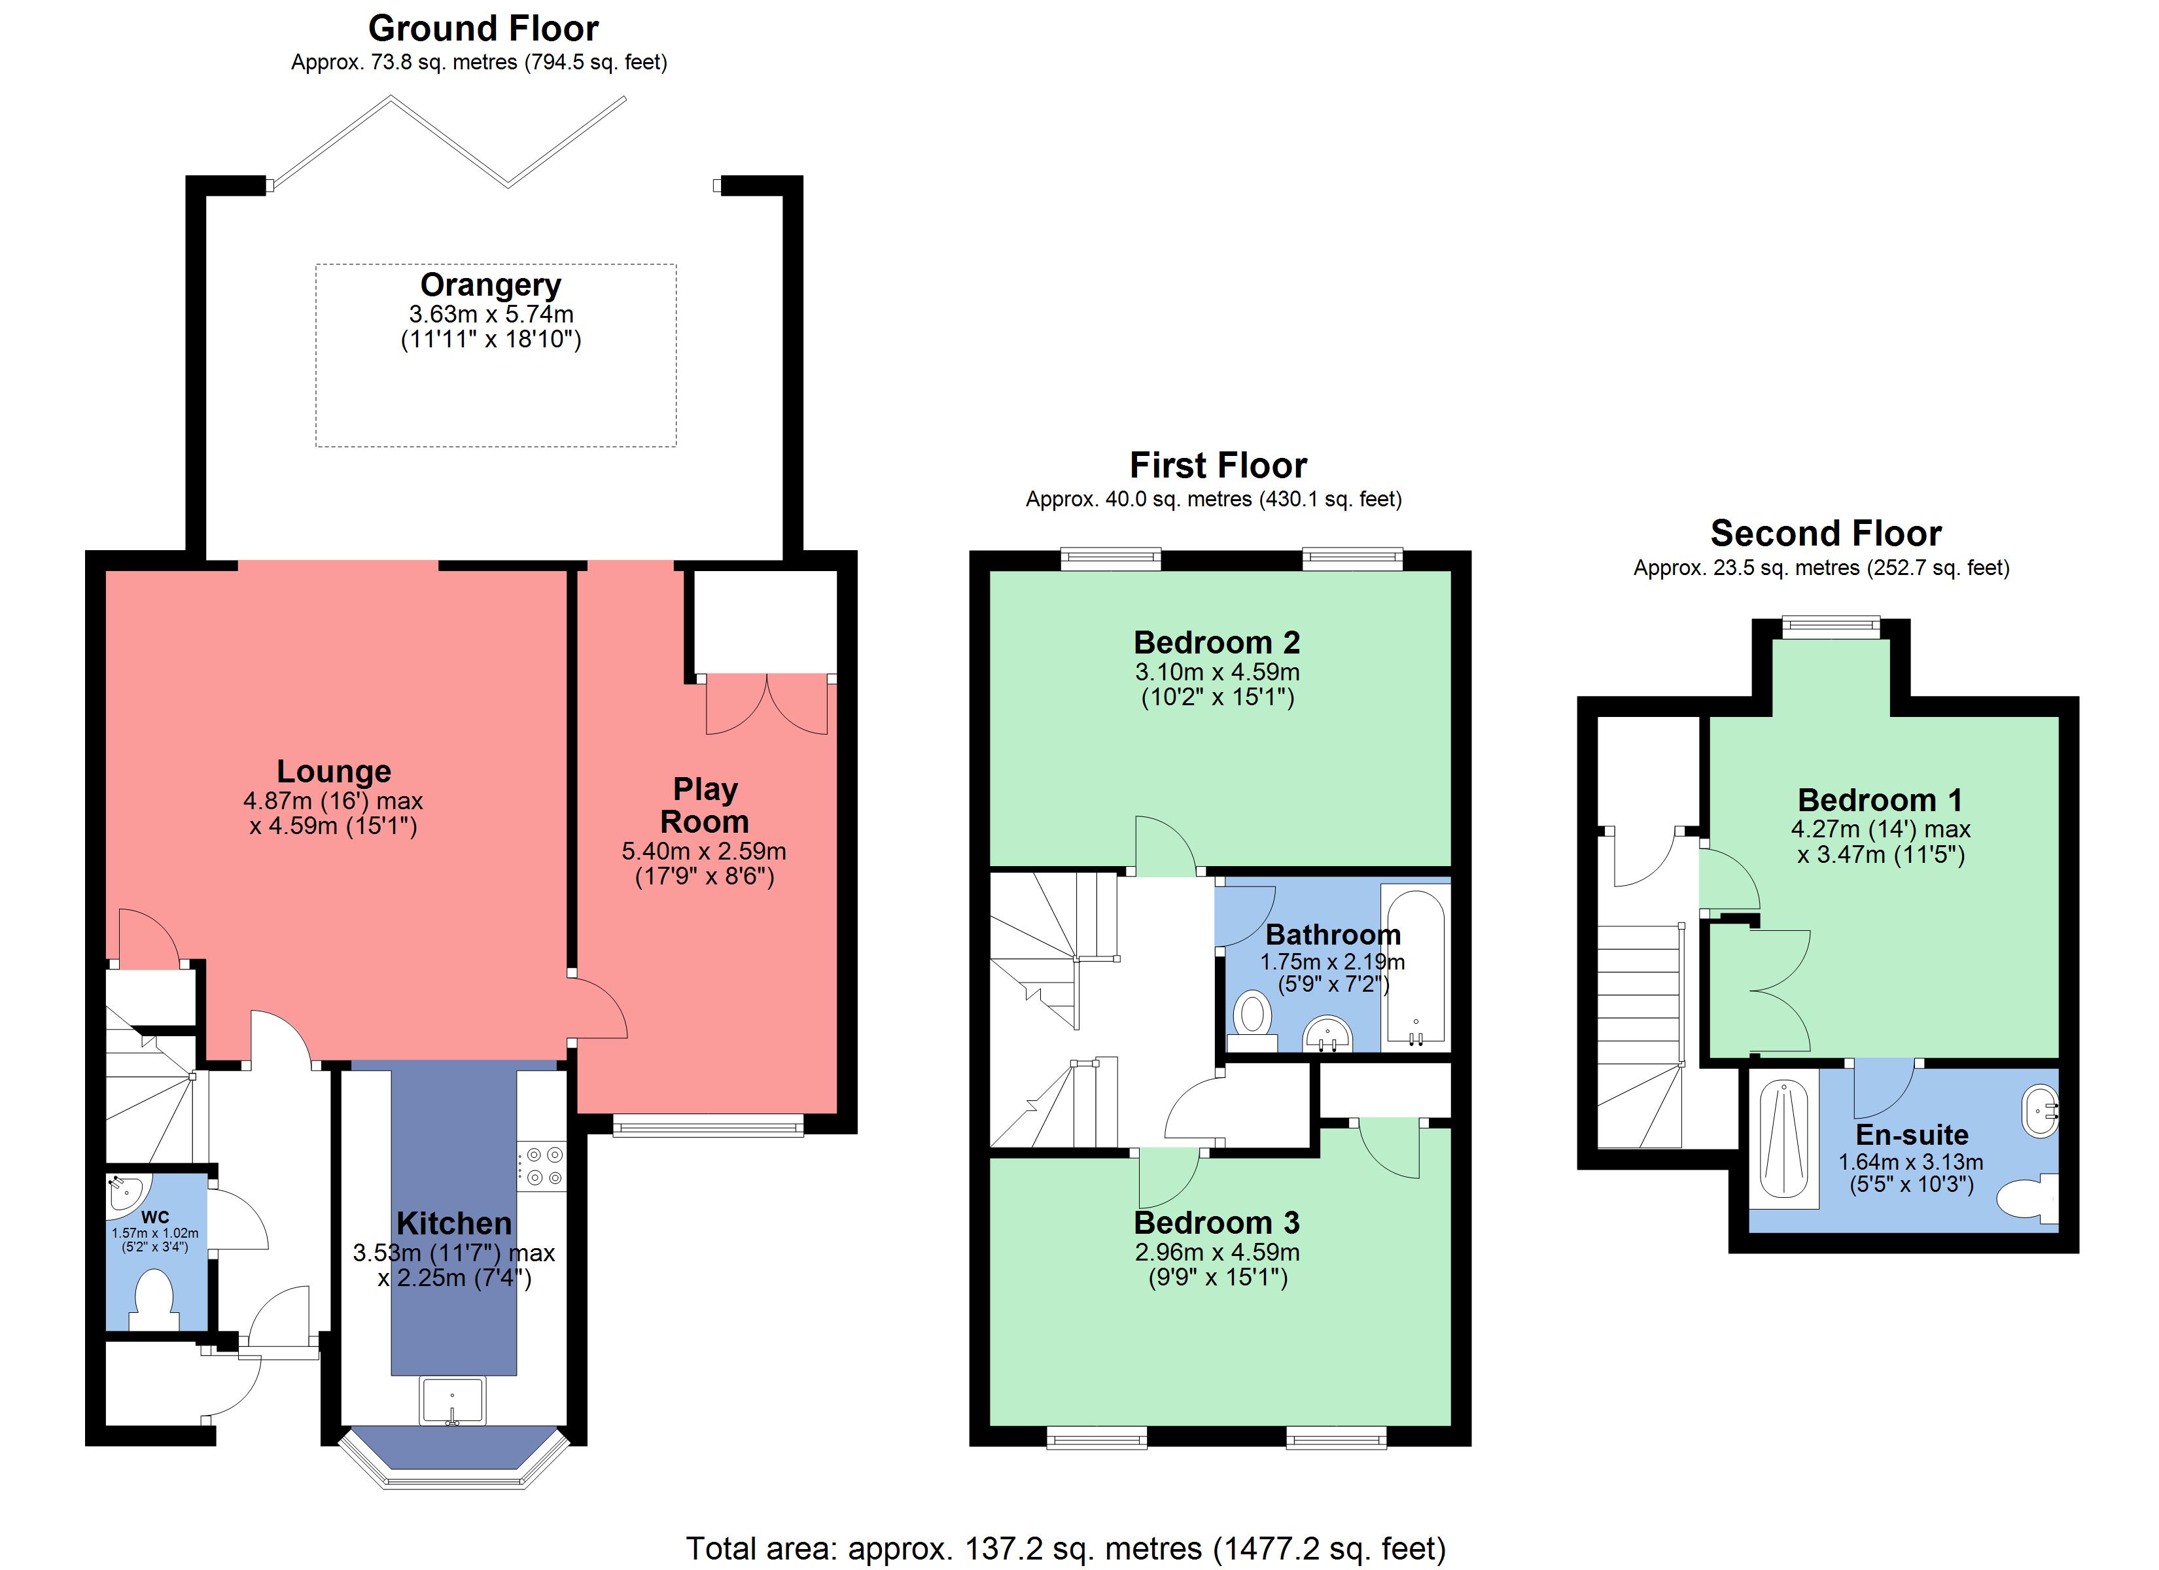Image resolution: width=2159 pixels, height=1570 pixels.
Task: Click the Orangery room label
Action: coord(490,285)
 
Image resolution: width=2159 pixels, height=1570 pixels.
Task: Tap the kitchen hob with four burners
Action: coord(542,1166)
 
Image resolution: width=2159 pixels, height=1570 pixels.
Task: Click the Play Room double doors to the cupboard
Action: coord(766,705)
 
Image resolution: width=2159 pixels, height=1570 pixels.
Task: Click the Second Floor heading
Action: coord(1825,533)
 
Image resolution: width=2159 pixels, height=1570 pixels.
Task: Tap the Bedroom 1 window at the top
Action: coord(1831,625)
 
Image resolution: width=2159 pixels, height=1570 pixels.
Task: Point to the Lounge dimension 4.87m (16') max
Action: coord(333,801)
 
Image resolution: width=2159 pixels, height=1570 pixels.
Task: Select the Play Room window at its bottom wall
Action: coord(707,1127)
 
